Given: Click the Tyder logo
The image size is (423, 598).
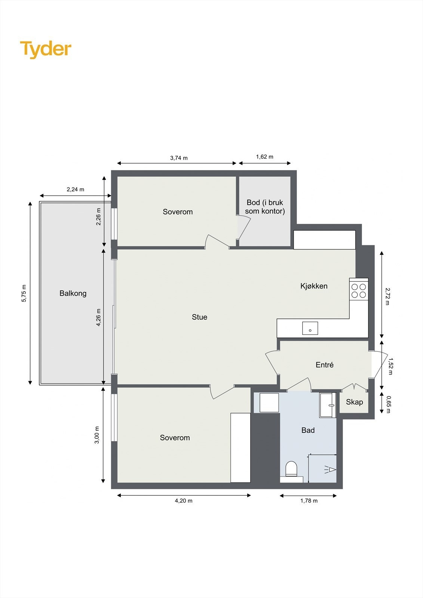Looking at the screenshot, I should click(46, 49).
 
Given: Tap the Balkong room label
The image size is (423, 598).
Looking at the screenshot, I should click(73, 293).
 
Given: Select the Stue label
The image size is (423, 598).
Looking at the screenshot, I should click(199, 317).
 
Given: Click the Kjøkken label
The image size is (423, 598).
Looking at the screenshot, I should click(314, 286).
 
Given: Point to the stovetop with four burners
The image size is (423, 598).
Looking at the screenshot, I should click(359, 291).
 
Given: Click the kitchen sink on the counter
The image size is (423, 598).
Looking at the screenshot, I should click(310, 328).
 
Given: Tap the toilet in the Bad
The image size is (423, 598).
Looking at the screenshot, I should click(291, 469).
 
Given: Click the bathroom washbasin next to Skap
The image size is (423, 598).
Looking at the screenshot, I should click(328, 405).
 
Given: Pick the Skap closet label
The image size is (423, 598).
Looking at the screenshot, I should click(354, 402).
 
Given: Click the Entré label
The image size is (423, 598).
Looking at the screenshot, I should click(324, 365).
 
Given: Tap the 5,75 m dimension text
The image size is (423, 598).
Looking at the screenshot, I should click(24, 293).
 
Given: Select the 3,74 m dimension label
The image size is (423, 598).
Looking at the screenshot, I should click(179, 158).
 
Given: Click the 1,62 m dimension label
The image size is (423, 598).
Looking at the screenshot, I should click(264, 157).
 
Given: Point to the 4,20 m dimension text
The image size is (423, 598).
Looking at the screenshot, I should click(184, 501).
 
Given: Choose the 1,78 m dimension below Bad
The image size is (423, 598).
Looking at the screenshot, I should click(309, 501).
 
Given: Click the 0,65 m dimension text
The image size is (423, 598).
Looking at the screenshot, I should click(388, 404).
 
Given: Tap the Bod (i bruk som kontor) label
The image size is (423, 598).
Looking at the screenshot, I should click(265, 207).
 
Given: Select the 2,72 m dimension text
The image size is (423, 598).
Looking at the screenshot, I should click(387, 296).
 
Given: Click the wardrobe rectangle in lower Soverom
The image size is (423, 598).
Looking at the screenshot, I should click(240, 447).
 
